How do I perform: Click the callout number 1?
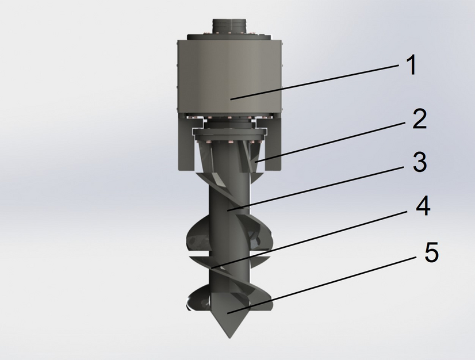click(x=410, y=66)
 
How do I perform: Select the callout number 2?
click(x=419, y=119)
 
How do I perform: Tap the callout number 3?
click(x=419, y=163)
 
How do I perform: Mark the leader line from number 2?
click(x=334, y=141)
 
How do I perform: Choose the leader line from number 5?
click(x=322, y=282)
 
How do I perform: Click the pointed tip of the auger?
click(x=230, y=336)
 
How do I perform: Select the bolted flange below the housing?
click(x=229, y=134)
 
